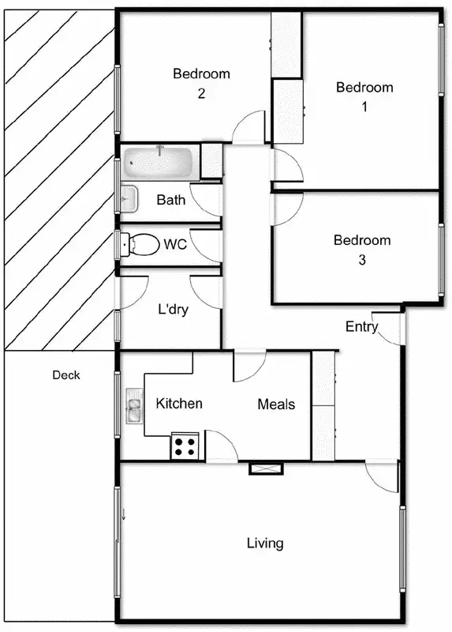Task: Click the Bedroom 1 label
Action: (364, 96)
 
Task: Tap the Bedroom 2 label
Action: (201, 83)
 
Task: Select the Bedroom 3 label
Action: (361, 250)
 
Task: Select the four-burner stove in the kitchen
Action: (185, 447)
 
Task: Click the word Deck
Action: (66, 375)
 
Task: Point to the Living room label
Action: (265, 543)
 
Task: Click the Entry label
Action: (361, 326)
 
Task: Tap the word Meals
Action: (276, 404)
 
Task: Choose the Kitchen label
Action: (179, 404)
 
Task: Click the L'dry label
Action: (173, 310)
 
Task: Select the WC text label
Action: (175, 244)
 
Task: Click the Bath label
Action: (171, 200)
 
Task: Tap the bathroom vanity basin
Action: (129, 197)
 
